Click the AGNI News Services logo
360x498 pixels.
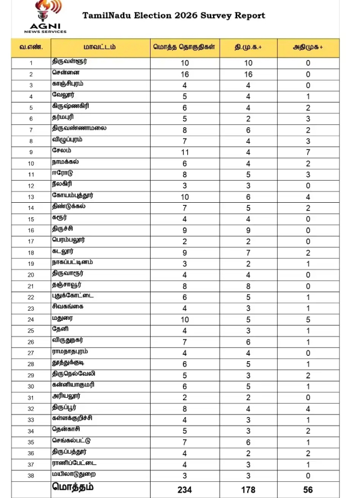click(45, 17)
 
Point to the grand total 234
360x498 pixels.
click(185, 490)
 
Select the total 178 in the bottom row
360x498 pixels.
click(247, 490)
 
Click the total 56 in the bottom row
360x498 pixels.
click(308, 490)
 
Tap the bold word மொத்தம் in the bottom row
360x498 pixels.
click(73, 487)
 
